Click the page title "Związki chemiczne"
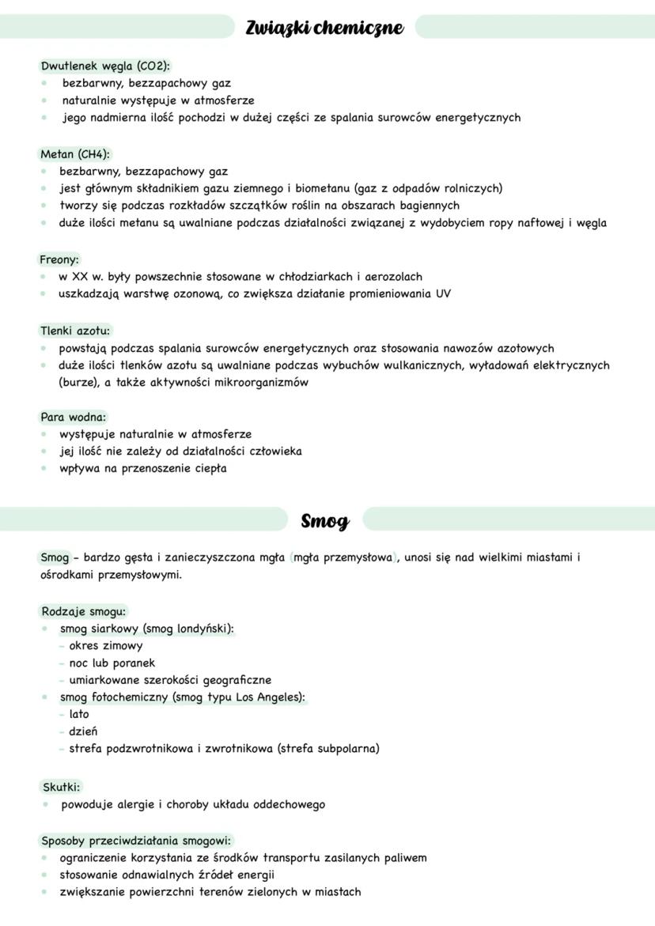(x=324, y=28)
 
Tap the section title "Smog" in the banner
(x=324, y=521)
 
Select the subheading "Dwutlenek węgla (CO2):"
(x=105, y=66)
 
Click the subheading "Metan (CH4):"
(x=75, y=154)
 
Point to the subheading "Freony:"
(x=59, y=259)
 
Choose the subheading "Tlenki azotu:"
(x=75, y=331)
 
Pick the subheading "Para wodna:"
(x=74, y=417)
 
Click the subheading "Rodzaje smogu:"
(x=84, y=611)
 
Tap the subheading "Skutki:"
(x=61, y=787)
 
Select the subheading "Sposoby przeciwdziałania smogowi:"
(x=136, y=841)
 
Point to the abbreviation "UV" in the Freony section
(x=443, y=293)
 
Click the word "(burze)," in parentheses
(x=78, y=383)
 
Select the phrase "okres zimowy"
(x=106, y=645)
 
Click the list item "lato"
(x=79, y=714)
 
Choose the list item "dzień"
(x=83, y=731)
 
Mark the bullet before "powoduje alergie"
(x=47, y=804)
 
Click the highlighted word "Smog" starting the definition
(x=55, y=557)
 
